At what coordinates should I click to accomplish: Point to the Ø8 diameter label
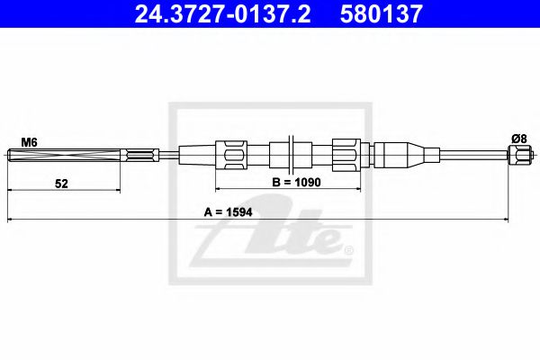[x=518, y=138]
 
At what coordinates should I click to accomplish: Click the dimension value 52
[x=61, y=183]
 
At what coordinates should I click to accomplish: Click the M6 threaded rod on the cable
[x=63, y=158]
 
